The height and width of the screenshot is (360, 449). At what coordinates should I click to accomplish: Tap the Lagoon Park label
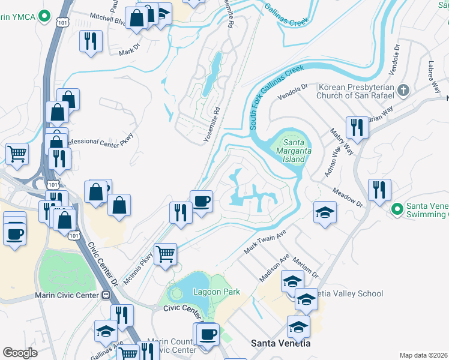216,292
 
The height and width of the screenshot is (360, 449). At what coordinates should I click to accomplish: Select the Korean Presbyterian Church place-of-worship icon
404,91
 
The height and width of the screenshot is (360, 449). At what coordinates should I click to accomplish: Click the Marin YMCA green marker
43,16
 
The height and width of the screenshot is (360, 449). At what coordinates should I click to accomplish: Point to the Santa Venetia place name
280,343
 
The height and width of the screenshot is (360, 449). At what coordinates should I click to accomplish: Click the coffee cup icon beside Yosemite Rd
201,200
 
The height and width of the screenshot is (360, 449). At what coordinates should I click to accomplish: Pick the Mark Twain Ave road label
264,241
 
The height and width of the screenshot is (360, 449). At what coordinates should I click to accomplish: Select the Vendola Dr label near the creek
292,91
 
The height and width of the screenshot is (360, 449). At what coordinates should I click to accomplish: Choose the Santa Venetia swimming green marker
396,209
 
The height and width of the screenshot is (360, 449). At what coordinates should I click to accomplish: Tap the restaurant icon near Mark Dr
91,41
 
